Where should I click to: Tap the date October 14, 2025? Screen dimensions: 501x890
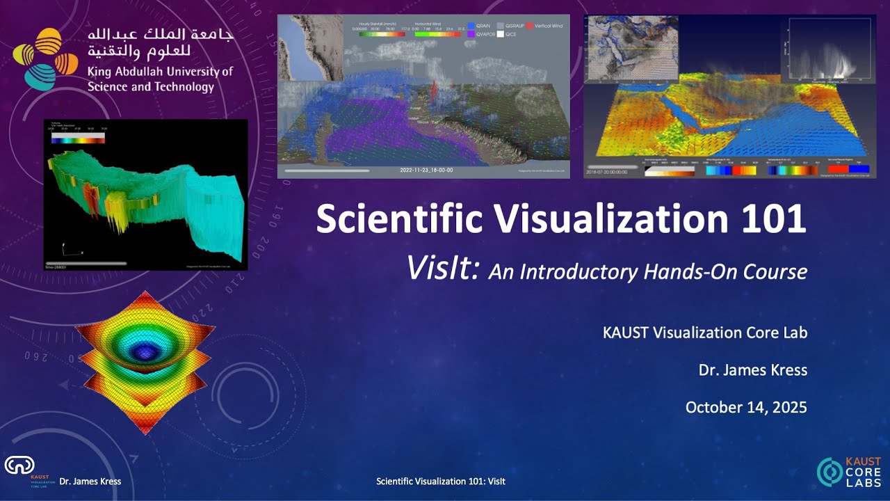[x=746, y=407]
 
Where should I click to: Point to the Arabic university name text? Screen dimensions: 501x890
[x=160, y=42]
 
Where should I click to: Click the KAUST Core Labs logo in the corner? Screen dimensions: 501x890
[x=848, y=472]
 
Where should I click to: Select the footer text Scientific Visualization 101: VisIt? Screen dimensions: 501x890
[x=440, y=482]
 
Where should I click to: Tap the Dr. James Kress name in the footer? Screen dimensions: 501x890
[x=90, y=482]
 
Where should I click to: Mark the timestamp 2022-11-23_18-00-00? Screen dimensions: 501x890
[x=426, y=170]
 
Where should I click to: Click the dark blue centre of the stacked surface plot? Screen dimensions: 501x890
[x=144, y=348]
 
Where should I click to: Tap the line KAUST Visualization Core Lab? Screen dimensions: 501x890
[x=704, y=333]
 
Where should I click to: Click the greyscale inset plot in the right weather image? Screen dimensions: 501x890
[x=830, y=50]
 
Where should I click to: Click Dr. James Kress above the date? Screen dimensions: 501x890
[x=752, y=370]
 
